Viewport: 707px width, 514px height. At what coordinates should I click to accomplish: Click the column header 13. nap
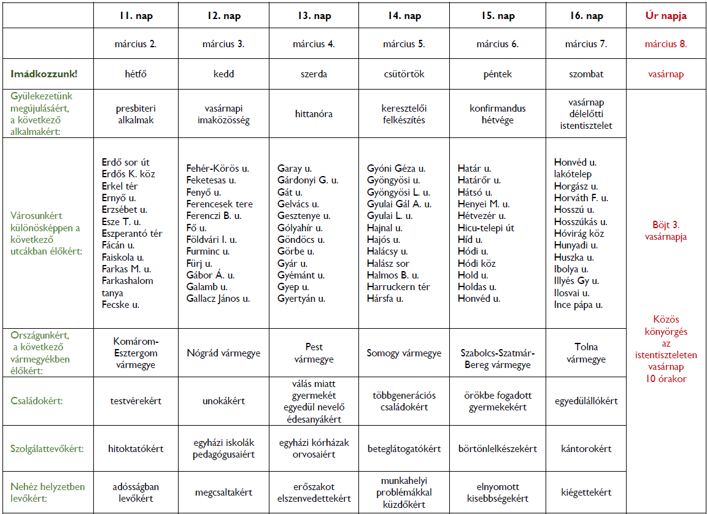(314, 16)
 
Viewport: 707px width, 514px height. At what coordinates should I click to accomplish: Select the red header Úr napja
(666, 16)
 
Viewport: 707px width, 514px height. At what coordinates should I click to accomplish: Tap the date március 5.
(404, 44)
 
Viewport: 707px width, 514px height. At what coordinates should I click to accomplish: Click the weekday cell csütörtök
(404, 74)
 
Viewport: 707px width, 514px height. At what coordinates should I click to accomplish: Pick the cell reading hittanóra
(314, 114)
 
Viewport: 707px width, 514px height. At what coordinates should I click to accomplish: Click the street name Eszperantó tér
(132, 233)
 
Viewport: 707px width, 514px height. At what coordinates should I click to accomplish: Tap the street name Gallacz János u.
(218, 299)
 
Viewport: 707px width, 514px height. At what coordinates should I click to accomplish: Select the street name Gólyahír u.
(300, 228)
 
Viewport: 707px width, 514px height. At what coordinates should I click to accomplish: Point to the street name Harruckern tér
(398, 286)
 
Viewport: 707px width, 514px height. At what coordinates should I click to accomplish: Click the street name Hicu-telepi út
(486, 228)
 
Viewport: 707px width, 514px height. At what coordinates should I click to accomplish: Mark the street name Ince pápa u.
(578, 305)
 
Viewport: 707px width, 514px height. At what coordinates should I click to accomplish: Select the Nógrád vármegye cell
(223, 353)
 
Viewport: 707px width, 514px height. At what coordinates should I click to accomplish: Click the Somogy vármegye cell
(404, 353)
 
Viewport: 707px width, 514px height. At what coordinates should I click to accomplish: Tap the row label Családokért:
(36, 401)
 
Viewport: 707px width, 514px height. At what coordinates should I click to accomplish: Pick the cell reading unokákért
(223, 401)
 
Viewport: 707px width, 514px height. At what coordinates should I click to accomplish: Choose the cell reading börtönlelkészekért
(497, 448)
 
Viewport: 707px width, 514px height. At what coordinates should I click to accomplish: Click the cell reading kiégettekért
(586, 492)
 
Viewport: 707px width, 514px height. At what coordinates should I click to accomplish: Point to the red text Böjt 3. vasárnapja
(666, 231)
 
